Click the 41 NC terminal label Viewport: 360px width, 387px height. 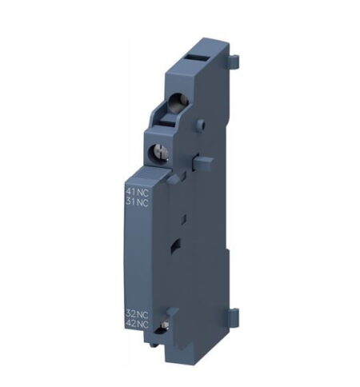(138, 191)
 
